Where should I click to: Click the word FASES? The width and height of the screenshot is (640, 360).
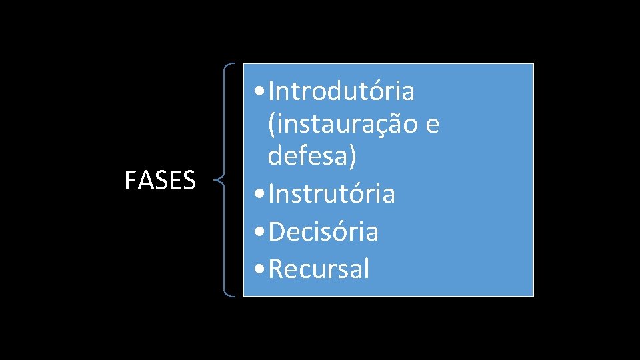point(160,181)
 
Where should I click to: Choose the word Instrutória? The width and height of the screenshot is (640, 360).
point(333,194)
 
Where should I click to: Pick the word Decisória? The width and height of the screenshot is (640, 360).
point(325,232)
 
